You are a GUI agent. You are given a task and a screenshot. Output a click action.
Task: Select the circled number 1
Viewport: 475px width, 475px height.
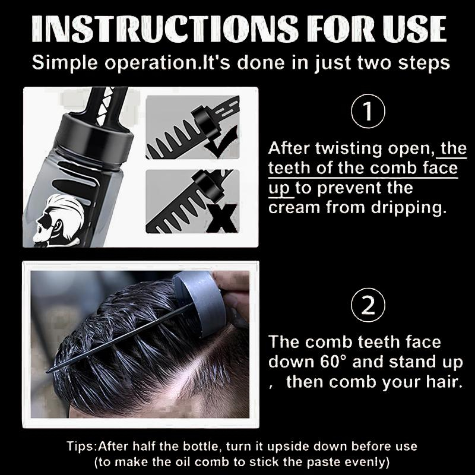[x=368, y=111]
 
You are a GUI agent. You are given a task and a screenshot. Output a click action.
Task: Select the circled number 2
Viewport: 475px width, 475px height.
[x=368, y=305]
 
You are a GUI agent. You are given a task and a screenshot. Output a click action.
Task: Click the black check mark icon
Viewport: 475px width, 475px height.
[x=221, y=143]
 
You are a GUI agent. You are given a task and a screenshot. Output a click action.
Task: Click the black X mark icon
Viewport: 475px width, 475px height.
[x=222, y=218]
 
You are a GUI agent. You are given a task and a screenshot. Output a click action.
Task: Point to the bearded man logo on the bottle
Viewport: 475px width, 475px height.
[x=58, y=220]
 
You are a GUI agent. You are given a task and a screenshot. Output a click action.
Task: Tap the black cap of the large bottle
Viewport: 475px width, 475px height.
[x=96, y=135]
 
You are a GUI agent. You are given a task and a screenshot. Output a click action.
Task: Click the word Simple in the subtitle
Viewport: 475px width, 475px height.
[x=65, y=63]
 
